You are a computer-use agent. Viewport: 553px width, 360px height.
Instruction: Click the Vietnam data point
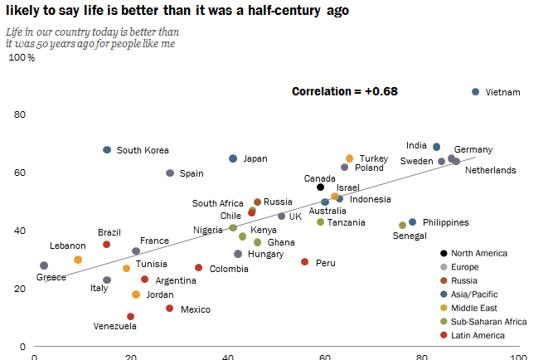[x=475, y=92]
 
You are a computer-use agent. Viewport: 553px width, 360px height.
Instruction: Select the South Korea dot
[x=107, y=150]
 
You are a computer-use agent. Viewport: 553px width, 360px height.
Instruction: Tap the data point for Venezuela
[x=130, y=317]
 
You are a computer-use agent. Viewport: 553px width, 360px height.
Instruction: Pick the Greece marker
[x=44, y=266]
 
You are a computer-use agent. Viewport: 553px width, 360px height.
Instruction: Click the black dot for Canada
[x=320, y=187]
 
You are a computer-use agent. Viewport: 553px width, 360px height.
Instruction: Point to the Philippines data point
[x=413, y=222]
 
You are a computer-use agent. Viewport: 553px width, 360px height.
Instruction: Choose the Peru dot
[x=304, y=262]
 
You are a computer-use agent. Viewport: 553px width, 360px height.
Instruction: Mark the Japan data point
[x=233, y=158]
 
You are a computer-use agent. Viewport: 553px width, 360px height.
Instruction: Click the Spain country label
[x=192, y=174]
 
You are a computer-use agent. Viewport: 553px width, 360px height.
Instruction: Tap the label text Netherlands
[x=490, y=171]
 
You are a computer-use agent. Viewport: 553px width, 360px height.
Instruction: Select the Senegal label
[x=410, y=236]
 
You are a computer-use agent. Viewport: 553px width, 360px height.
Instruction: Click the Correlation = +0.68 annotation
[x=345, y=90]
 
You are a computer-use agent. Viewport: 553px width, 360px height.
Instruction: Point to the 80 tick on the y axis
[x=20, y=114]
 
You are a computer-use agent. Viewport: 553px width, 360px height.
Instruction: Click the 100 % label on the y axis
[x=22, y=58]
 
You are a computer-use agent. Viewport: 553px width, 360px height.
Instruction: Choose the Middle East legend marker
[x=445, y=308]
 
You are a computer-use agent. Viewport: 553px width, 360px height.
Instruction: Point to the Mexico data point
[x=169, y=309]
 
